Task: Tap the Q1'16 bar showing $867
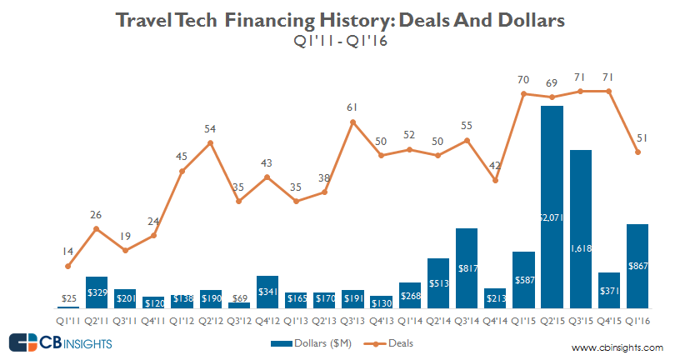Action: [637, 266]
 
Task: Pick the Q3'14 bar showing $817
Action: [466, 267]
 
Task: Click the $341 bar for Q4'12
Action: [267, 292]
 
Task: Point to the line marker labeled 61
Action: [352, 122]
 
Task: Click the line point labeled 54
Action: [210, 142]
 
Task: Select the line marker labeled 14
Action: [68, 266]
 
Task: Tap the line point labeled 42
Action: [495, 180]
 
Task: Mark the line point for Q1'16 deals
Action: [637, 152]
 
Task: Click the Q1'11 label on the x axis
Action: [68, 320]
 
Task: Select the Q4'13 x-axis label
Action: [381, 320]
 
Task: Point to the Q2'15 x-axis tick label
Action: [552, 320]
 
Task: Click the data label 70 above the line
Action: [523, 80]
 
